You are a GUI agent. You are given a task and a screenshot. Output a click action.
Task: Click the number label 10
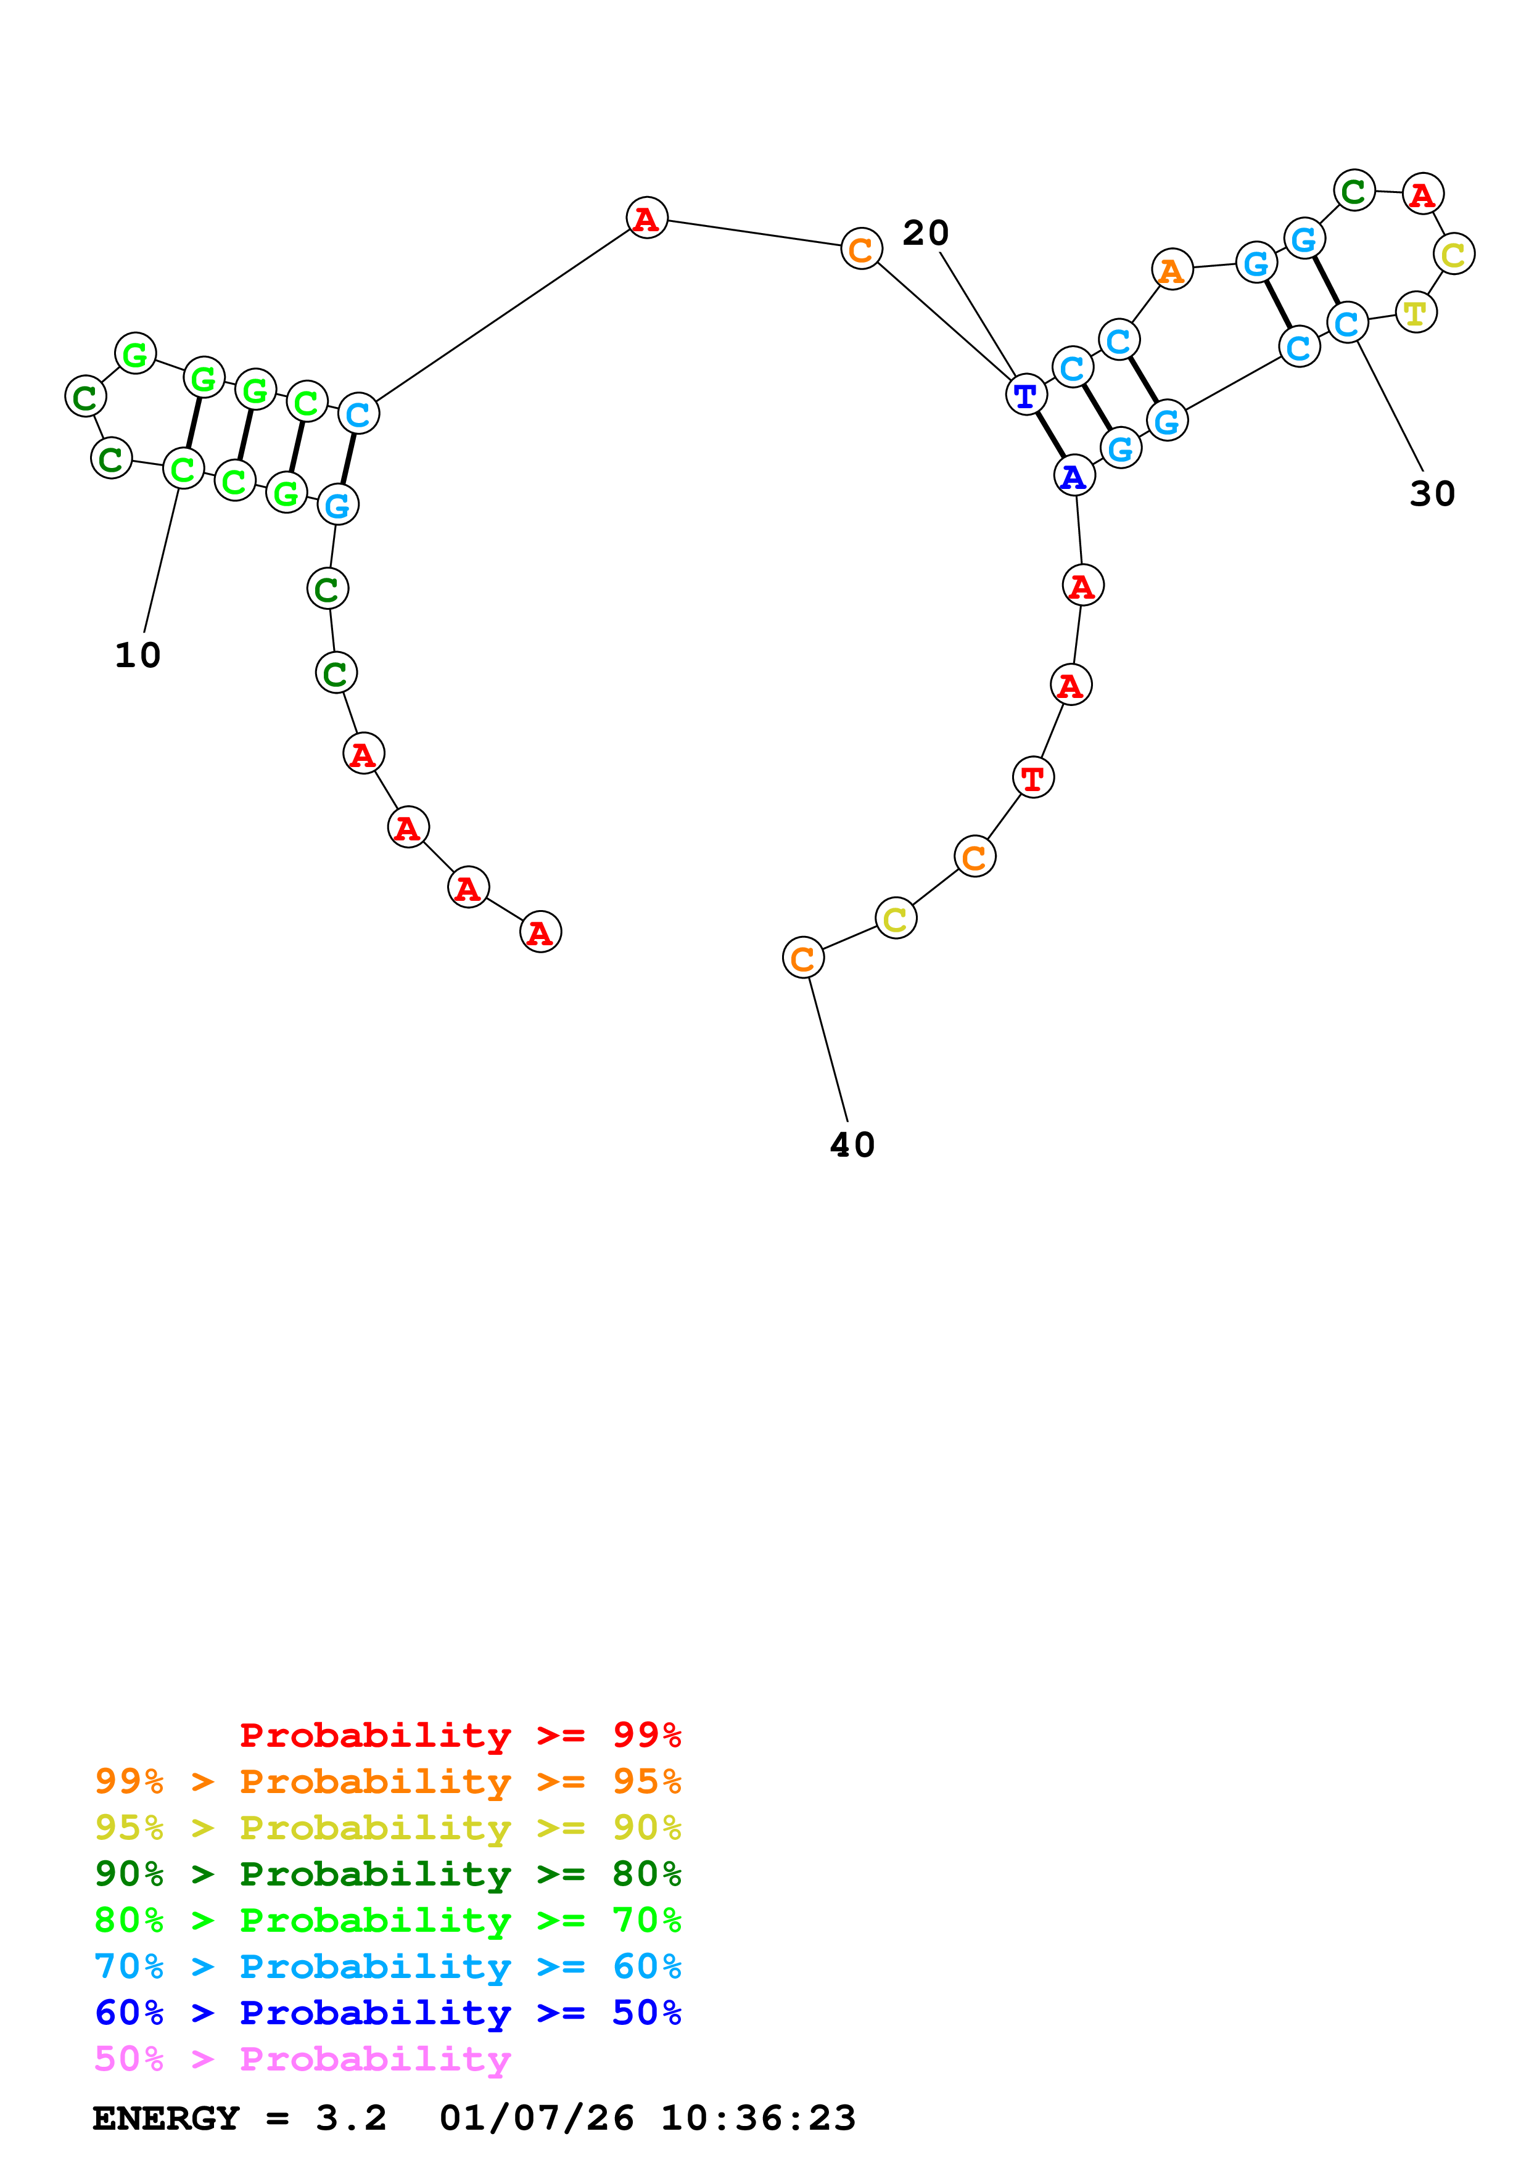(138, 655)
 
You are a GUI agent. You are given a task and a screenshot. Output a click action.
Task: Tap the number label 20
(925, 232)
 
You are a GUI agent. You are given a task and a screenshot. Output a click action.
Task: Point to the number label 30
(1432, 494)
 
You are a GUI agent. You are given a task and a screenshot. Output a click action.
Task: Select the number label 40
(852, 1144)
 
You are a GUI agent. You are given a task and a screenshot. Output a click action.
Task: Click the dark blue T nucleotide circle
(1026, 394)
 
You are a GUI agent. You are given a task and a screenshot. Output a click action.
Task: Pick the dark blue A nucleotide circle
(1074, 476)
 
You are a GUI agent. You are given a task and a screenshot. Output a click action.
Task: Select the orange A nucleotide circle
(1172, 270)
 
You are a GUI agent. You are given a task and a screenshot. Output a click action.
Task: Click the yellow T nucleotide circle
(1415, 313)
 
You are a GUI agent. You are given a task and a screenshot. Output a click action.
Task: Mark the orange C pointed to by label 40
(802, 958)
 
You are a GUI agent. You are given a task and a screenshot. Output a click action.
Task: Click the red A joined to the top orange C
(646, 218)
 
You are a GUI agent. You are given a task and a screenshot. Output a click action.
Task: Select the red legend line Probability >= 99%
(460, 1734)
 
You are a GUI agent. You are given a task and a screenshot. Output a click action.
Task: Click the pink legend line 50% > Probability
(302, 2059)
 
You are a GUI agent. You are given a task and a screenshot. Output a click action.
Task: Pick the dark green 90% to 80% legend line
(387, 1874)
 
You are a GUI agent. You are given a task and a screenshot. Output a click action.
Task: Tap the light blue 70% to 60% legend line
(387, 1966)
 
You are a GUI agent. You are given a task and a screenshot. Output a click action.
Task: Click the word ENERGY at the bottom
(166, 2118)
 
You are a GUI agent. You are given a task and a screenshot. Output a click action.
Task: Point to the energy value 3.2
(350, 2118)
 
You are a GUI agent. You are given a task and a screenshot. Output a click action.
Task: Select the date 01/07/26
(536, 2118)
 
